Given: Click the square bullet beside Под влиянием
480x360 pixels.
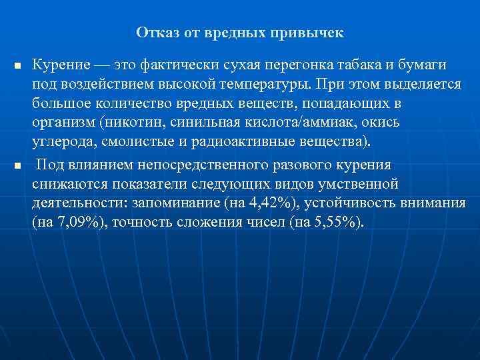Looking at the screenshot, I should [17, 166].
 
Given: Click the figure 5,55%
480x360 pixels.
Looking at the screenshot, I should [335, 222].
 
